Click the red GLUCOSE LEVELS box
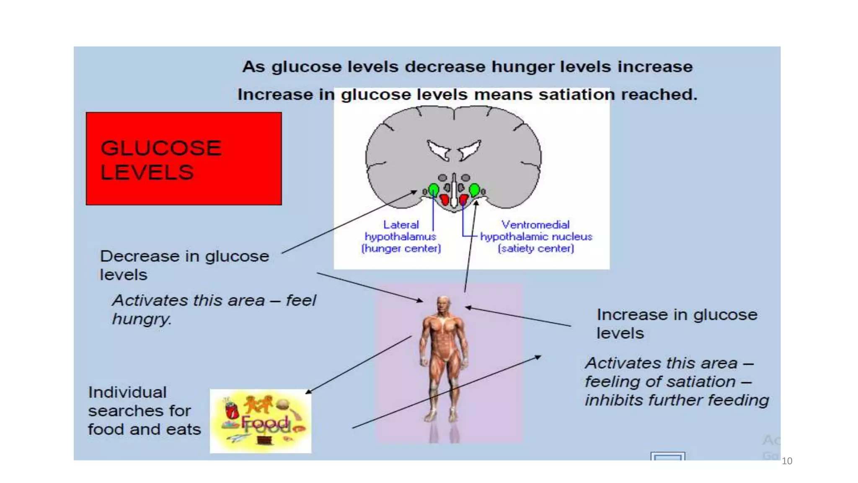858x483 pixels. (x=183, y=158)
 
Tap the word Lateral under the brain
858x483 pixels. (x=401, y=225)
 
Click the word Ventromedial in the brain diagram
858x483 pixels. (x=535, y=225)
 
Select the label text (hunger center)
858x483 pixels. (x=401, y=249)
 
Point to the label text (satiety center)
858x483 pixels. (x=536, y=249)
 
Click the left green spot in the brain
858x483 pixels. (x=434, y=190)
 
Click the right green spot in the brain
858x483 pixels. (x=474, y=190)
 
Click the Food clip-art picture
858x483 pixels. (x=261, y=421)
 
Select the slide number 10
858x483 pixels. (x=787, y=461)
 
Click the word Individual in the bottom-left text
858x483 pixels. (x=127, y=392)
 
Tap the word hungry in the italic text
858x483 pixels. (x=142, y=319)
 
